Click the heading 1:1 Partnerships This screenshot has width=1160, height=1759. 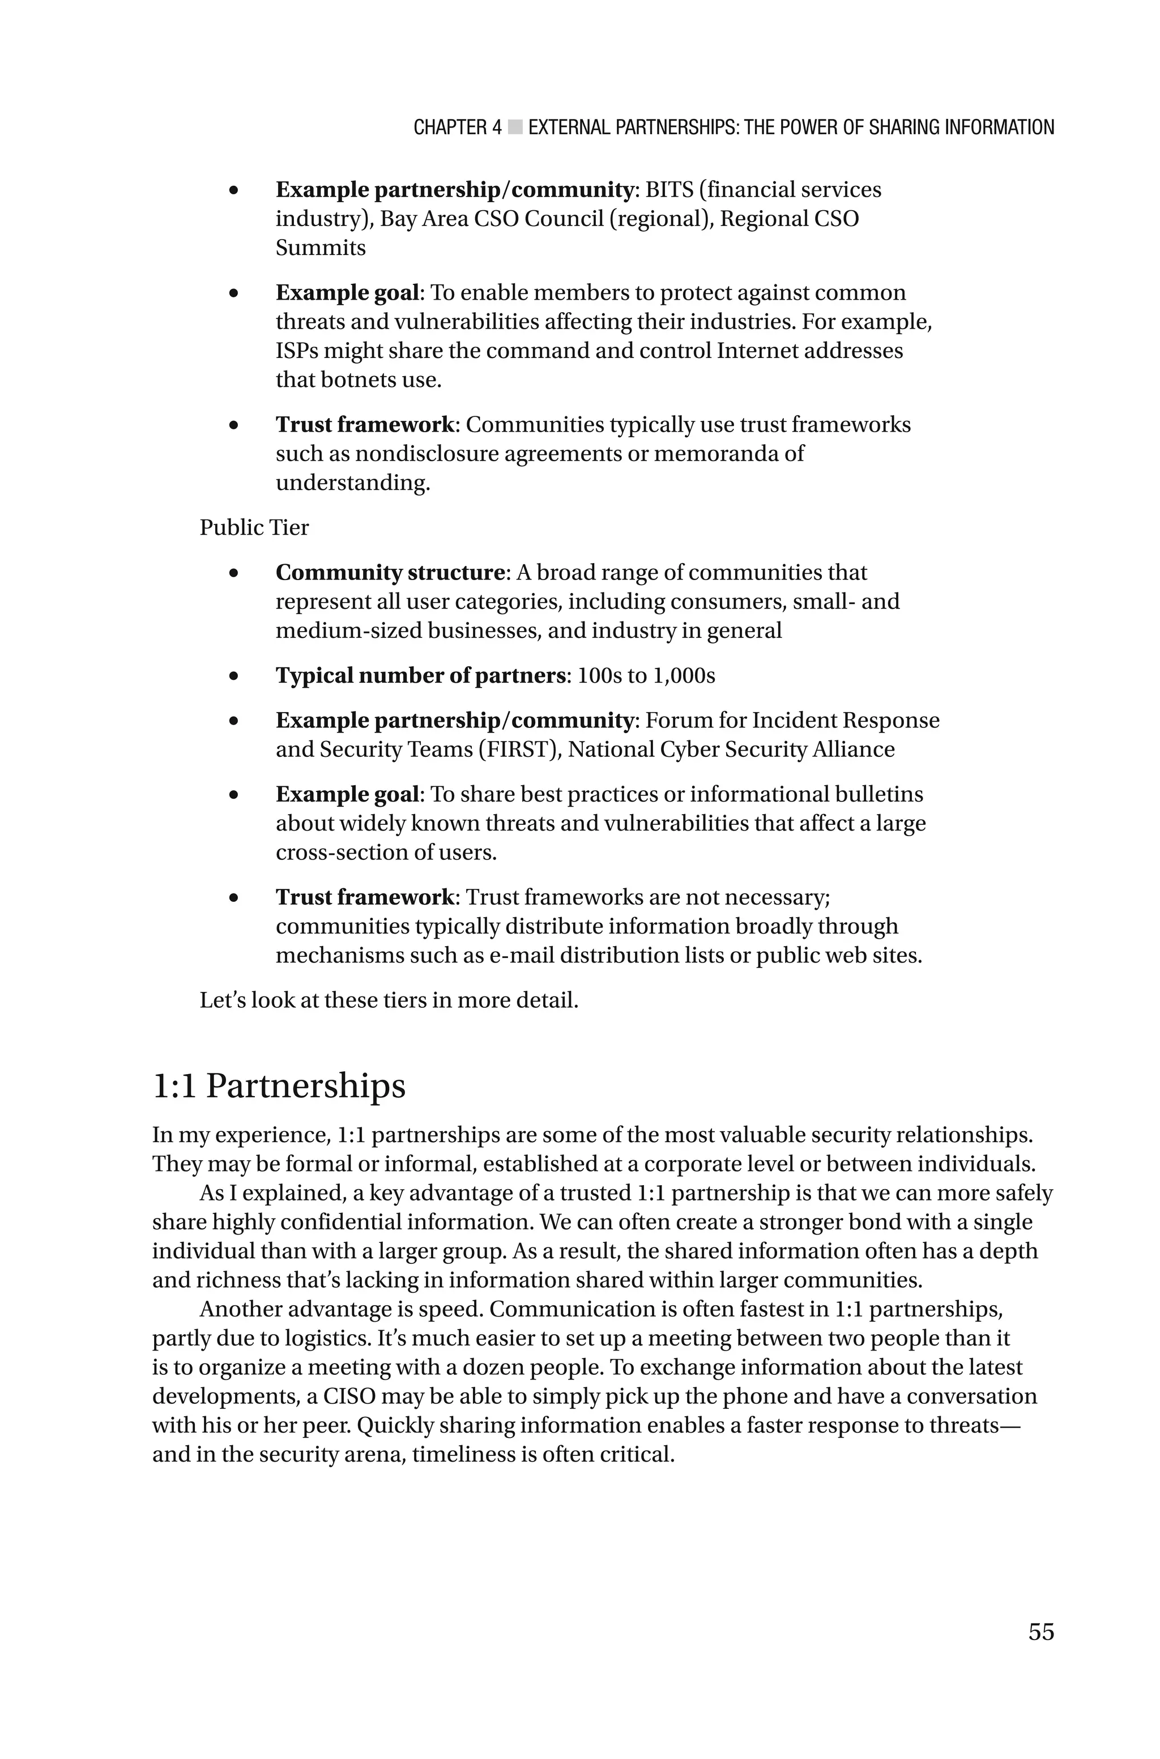tap(279, 1086)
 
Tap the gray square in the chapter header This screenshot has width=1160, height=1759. tap(515, 127)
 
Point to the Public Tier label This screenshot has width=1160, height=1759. tap(254, 527)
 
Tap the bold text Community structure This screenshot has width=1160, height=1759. tap(390, 573)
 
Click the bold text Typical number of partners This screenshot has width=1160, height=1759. tap(420, 675)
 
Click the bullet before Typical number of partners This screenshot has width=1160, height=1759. tap(234, 676)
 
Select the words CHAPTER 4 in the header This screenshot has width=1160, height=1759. tap(457, 127)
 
